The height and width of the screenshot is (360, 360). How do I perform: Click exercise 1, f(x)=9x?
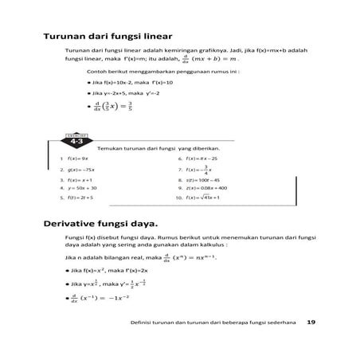76,158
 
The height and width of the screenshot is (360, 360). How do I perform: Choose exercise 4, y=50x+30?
83,188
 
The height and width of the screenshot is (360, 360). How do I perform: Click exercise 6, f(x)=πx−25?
202,158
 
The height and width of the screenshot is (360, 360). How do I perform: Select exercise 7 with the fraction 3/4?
199,169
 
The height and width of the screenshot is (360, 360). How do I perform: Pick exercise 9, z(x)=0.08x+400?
205,188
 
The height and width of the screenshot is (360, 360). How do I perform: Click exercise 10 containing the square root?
202,197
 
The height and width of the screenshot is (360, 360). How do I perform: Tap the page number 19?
311,321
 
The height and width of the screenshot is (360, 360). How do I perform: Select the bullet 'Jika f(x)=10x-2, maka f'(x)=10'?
132,82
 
